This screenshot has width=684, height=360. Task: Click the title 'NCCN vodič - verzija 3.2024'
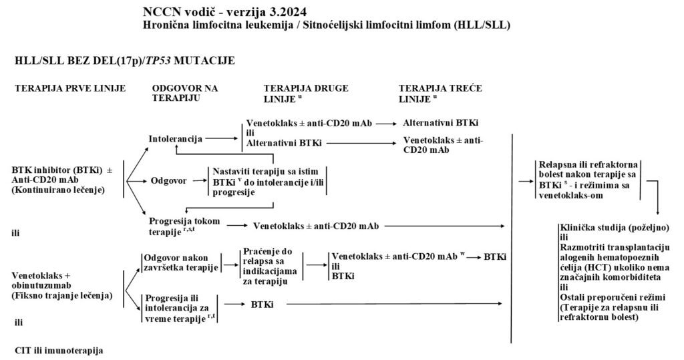[217, 13]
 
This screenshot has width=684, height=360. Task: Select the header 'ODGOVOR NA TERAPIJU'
[185, 93]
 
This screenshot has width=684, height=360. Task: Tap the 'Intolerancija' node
[177, 138]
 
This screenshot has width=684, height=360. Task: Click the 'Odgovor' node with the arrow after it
[166, 180]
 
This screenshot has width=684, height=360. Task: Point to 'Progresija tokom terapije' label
[181, 225]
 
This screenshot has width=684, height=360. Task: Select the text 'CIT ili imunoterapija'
[59, 350]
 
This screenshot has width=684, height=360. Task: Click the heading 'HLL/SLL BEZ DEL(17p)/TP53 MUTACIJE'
[124, 60]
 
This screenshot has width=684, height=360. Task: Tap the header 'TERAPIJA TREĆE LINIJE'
[441, 93]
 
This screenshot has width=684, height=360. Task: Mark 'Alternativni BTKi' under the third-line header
[443, 124]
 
